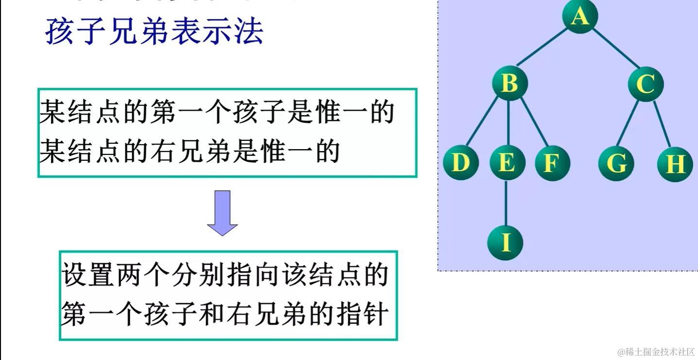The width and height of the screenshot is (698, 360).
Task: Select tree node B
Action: coord(509,83)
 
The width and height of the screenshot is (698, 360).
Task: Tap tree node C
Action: coord(645,84)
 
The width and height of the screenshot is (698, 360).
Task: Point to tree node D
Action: coord(460,163)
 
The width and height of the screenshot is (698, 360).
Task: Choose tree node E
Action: coord(507,163)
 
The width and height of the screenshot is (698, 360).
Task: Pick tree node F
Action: coord(552,163)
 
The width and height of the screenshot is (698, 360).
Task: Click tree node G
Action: coord(616,163)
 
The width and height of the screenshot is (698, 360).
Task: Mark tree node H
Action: coord(675,164)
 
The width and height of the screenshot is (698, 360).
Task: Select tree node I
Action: coord(505,242)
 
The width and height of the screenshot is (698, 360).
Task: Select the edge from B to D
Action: coord(483,121)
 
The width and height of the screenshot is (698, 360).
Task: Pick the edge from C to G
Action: coord(630,122)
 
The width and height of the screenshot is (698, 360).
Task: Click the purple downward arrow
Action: coord(222,213)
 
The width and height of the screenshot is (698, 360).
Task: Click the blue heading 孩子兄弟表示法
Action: coord(154,32)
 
